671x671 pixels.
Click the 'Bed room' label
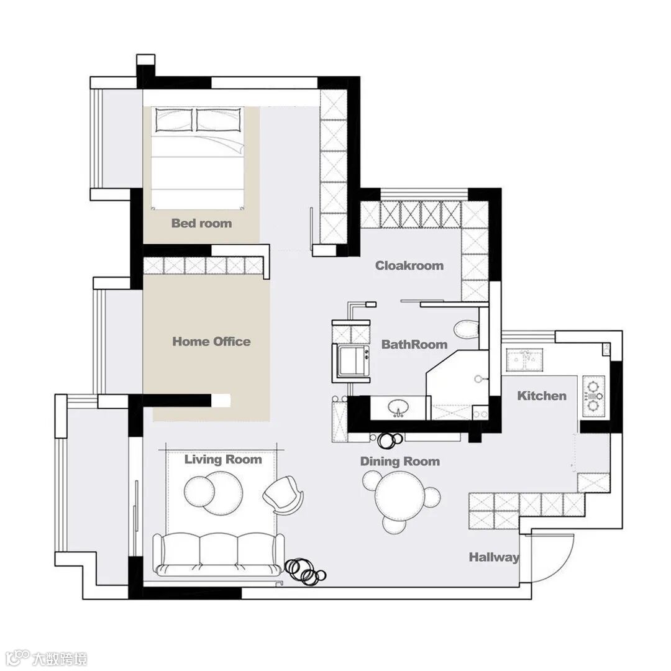tap(201, 223)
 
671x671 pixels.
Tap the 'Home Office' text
tap(211, 342)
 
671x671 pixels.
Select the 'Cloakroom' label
tap(409, 265)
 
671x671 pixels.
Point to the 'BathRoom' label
tap(414, 344)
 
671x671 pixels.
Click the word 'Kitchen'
tap(542, 396)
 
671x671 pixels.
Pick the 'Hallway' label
tap(494, 557)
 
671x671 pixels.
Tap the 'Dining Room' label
tap(400, 461)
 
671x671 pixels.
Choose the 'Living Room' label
tap(223, 460)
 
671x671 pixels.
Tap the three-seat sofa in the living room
tap(219, 554)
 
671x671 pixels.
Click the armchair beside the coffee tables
tap(283, 495)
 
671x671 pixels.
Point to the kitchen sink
tap(524, 359)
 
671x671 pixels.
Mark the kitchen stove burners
tap(593, 396)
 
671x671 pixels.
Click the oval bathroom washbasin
tap(399, 407)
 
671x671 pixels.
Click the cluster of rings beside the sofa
tap(305, 572)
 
